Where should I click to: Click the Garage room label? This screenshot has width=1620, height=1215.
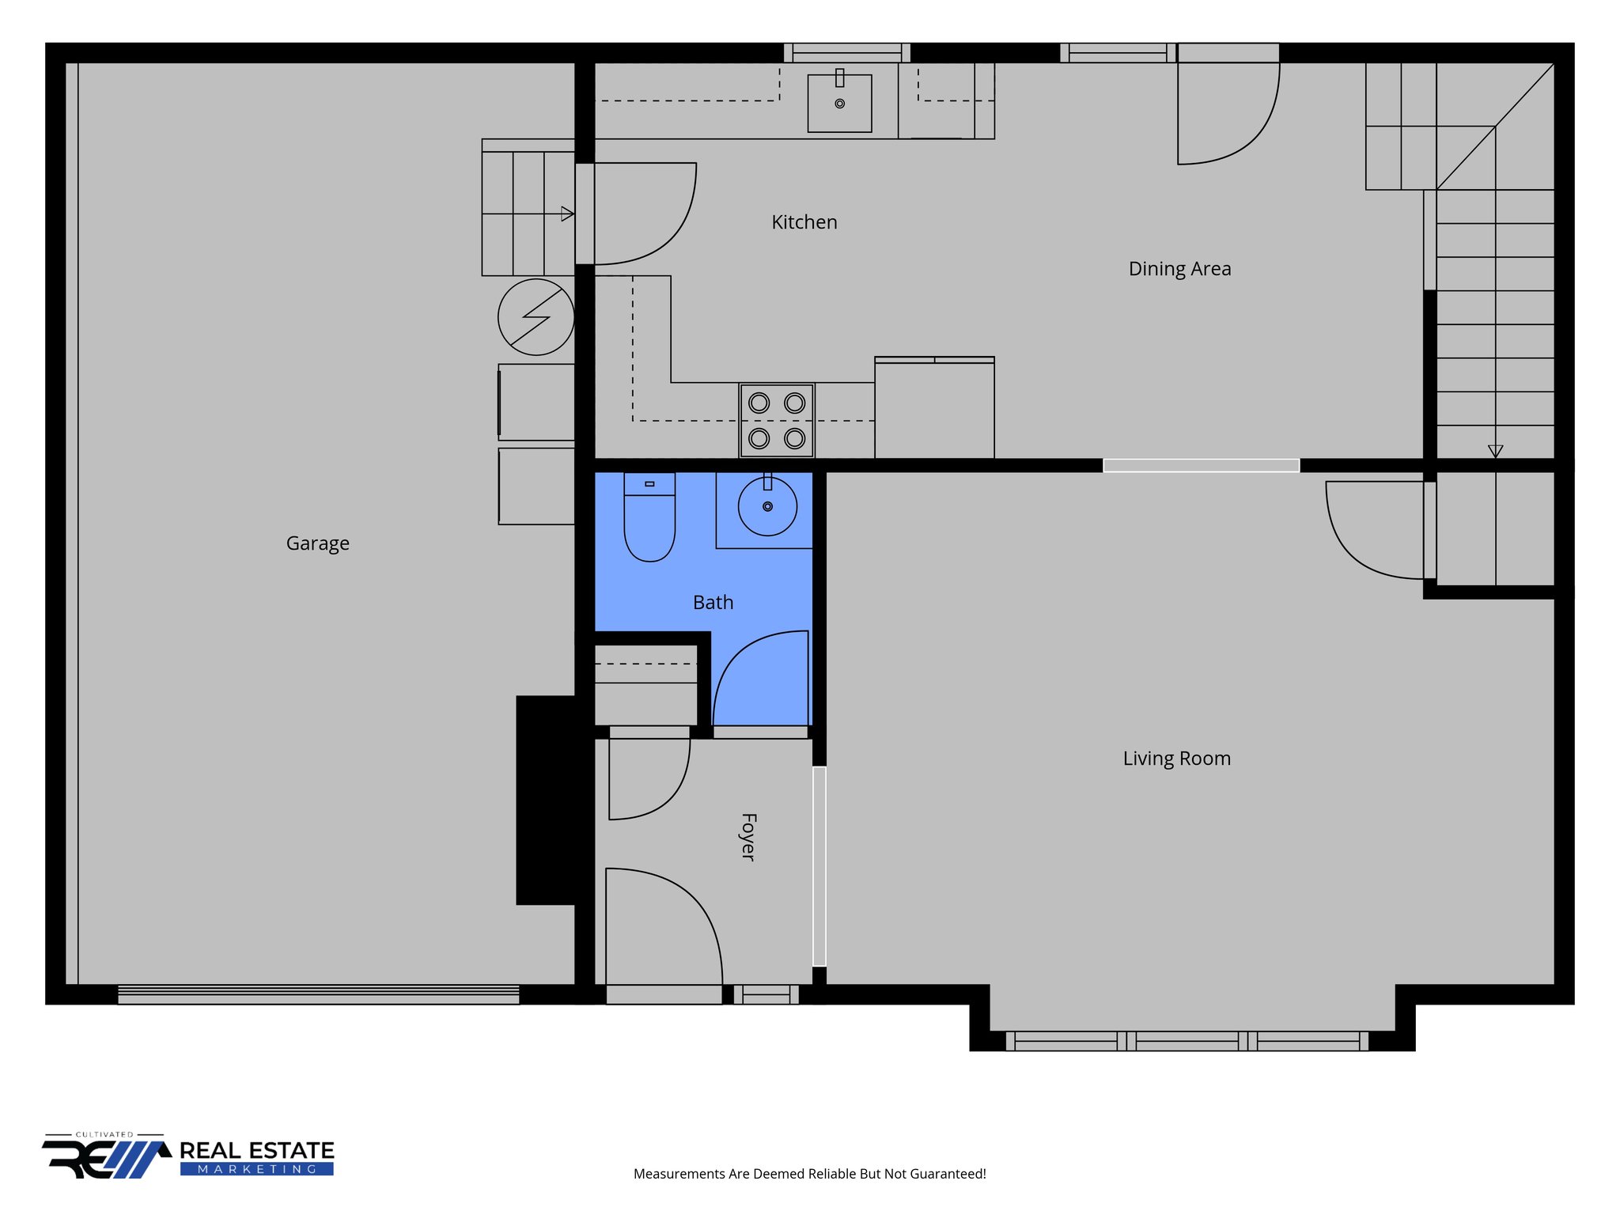(x=317, y=543)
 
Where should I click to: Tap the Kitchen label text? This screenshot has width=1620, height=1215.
(x=804, y=222)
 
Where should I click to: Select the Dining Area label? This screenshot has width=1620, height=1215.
(x=1179, y=269)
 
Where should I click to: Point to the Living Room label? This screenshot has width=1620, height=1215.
(x=1176, y=759)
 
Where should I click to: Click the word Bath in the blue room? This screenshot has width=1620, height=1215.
(x=713, y=603)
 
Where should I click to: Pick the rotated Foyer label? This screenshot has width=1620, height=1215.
(x=748, y=837)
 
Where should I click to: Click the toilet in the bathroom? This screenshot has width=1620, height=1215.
(x=649, y=518)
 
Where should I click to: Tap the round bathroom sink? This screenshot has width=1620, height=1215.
(x=767, y=506)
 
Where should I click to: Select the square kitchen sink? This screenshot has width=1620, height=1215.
(x=839, y=104)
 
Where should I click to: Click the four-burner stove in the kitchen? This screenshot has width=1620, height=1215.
(x=777, y=421)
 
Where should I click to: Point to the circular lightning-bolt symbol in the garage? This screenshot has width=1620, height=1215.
(x=536, y=317)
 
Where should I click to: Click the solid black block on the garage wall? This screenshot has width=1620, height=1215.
(x=546, y=800)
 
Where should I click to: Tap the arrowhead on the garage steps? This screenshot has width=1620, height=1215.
(x=567, y=214)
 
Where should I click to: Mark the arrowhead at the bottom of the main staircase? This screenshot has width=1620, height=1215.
(x=1495, y=451)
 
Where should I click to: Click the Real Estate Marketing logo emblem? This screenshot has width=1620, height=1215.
(x=107, y=1158)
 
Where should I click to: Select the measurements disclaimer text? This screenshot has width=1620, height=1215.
(x=809, y=1174)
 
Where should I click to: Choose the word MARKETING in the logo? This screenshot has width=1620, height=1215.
(x=256, y=1169)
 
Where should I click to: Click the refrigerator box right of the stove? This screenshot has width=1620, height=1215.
(x=934, y=408)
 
